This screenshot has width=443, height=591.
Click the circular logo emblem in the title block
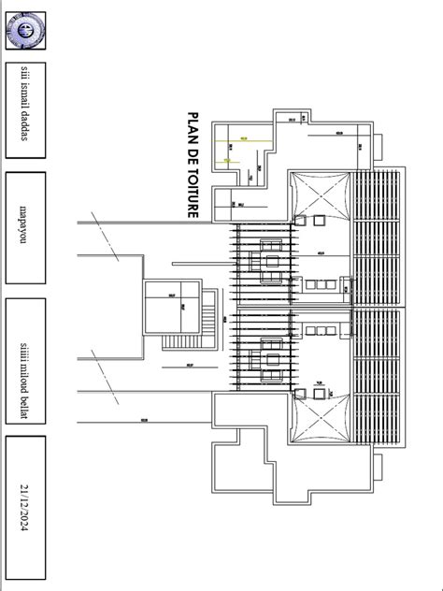(25, 33)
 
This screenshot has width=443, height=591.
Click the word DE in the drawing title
(195, 155)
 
